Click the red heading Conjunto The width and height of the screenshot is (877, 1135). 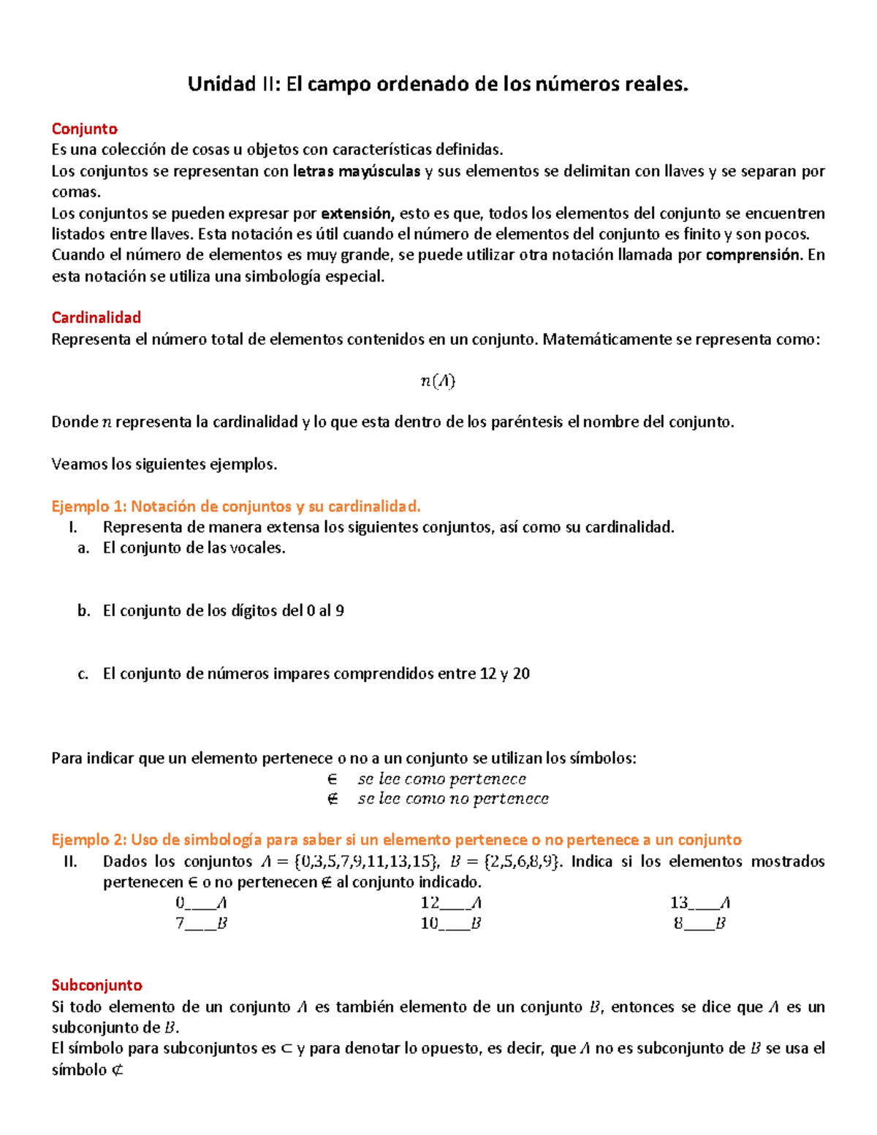84,129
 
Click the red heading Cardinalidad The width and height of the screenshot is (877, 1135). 96,317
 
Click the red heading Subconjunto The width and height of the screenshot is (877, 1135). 96,985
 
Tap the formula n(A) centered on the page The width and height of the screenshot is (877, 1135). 438,381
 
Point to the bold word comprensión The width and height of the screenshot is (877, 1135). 753,255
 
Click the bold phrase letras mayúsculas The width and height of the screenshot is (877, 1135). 357,171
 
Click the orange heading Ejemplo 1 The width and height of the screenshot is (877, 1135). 235,506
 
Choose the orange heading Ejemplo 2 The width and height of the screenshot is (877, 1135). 396,840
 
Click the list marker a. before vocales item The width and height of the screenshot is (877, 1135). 83,548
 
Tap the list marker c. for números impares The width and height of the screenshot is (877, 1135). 83,674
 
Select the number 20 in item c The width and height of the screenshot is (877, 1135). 521,674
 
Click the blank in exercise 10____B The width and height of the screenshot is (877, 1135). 454,925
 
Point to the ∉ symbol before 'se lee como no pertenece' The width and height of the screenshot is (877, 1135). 333,799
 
